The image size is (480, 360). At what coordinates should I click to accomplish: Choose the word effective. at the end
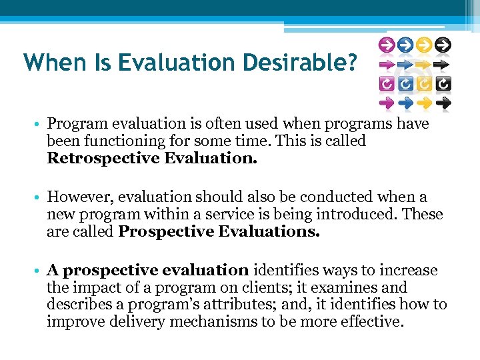(x=370, y=323)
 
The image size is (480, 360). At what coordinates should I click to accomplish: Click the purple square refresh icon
(x=385, y=84)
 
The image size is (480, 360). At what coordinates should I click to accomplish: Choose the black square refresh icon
(x=443, y=84)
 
